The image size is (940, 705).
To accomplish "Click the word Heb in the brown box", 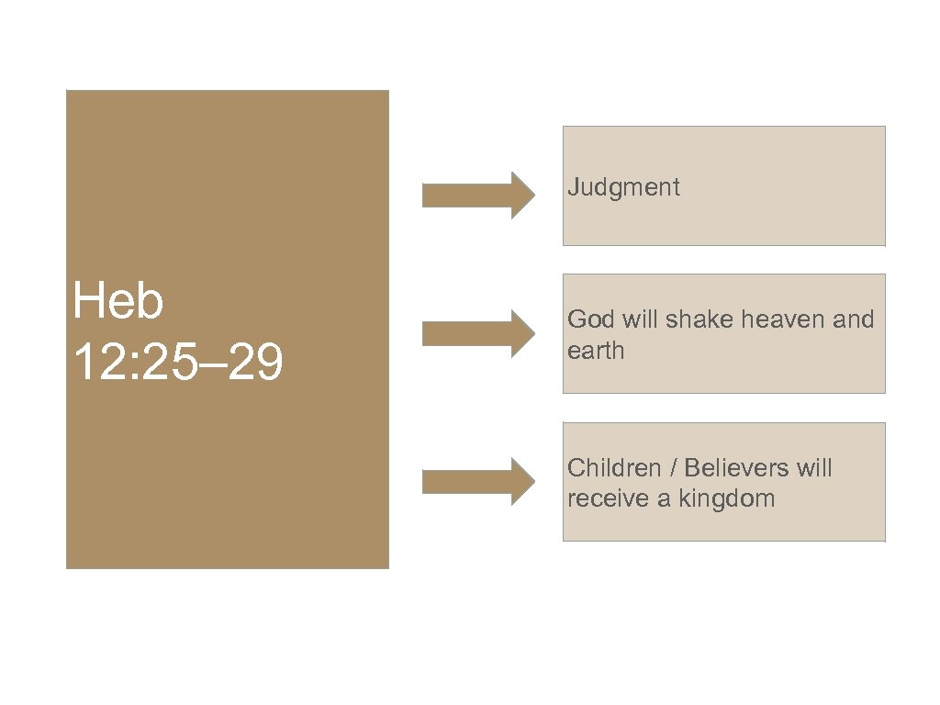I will (x=118, y=303).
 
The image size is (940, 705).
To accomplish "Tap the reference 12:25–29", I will (x=178, y=364).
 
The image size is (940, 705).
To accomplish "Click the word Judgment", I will (x=624, y=188).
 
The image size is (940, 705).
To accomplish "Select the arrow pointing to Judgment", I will (x=477, y=195).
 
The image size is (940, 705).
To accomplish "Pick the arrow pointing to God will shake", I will (x=477, y=332).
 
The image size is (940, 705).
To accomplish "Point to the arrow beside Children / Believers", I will (x=477, y=481).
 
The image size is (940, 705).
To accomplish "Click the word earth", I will (x=596, y=351).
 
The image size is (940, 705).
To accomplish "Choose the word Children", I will (x=614, y=468).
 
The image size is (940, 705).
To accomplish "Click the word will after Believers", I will (x=814, y=468).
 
